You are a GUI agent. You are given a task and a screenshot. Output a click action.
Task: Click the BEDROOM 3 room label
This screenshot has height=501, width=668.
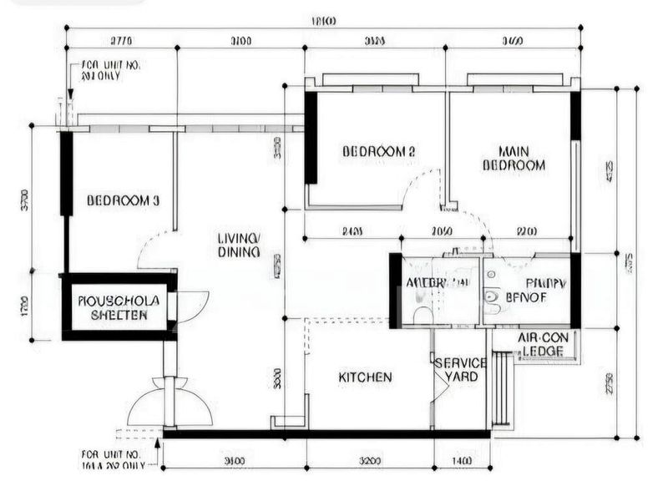(x=123, y=201)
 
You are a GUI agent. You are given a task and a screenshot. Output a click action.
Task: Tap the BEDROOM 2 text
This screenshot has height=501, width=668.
(x=379, y=151)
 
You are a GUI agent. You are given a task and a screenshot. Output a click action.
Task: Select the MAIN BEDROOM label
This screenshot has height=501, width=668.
(x=514, y=159)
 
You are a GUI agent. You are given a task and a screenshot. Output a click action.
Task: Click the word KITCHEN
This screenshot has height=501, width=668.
(x=365, y=377)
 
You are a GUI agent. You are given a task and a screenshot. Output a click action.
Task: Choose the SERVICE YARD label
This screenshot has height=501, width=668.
(x=460, y=370)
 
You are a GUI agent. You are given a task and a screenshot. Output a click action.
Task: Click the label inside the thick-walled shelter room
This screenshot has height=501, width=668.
(x=113, y=307)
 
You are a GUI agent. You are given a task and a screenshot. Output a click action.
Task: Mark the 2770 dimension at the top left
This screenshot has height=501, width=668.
(x=122, y=38)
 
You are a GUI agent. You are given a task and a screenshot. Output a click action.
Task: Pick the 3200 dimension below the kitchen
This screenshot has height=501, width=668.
(x=370, y=460)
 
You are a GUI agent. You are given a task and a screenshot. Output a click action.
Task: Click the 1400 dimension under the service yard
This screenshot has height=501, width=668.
(x=462, y=460)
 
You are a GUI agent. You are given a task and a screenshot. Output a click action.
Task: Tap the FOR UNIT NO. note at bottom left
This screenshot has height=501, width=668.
(x=113, y=459)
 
